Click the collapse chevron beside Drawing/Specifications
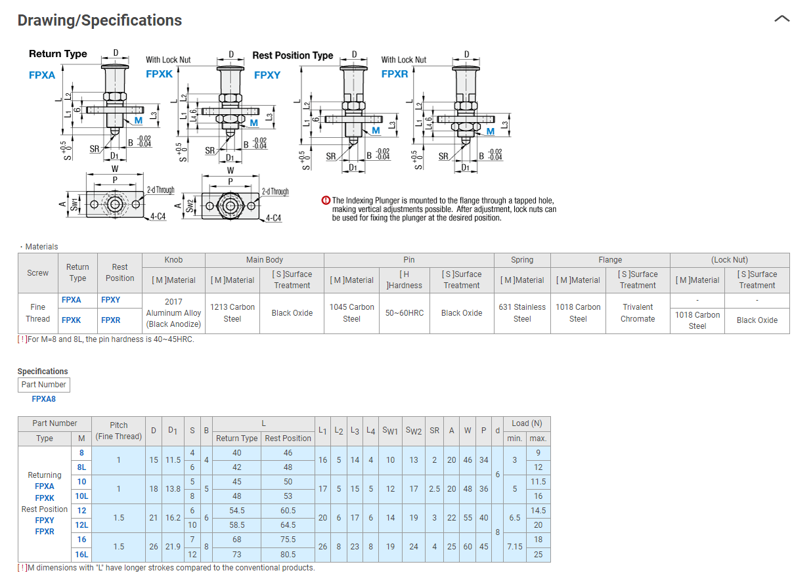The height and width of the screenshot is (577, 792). point(781,19)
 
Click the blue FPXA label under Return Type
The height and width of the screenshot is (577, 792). point(42,75)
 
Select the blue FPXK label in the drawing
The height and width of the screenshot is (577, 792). point(159,74)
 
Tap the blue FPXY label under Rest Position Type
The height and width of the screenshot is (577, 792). point(267,75)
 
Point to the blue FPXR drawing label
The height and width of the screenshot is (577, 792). point(395,74)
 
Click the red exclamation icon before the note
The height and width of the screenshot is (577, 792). point(326,201)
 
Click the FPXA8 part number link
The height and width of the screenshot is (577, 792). point(43,398)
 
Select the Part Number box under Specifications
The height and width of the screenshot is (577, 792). point(43,385)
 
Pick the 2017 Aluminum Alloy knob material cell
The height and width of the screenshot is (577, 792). point(173,312)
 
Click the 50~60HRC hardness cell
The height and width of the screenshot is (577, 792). point(405,312)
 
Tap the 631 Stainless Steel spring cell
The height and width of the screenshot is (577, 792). point(522,312)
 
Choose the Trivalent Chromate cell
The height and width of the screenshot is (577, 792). point(638,312)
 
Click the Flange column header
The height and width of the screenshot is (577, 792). point(610,260)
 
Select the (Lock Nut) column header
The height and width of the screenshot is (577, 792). point(730,260)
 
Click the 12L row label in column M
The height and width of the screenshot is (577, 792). point(81,525)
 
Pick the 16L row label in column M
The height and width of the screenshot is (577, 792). point(81,554)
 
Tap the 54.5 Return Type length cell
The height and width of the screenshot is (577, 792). point(237,511)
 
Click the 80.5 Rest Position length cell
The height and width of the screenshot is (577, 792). point(288,554)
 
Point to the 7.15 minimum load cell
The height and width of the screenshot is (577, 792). point(515,547)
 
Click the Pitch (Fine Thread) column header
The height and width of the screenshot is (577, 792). point(119,431)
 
